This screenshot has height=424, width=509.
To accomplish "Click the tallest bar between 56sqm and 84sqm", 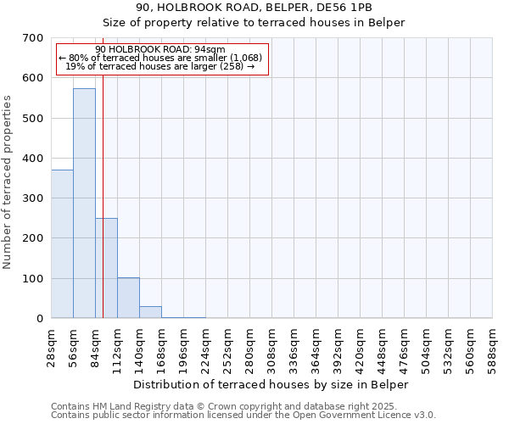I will [x=84, y=204].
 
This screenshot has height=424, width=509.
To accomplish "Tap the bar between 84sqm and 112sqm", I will [x=106, y=268].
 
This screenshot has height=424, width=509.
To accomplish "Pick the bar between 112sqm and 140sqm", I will [x=128, y=298].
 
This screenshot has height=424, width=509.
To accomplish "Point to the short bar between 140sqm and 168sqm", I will [x=150, y=312].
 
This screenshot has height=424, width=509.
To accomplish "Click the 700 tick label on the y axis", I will [x=34, y=38].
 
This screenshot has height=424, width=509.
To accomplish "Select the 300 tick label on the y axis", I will [x=34, y=198].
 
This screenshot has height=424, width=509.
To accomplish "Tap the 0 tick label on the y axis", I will [x=40, y=319].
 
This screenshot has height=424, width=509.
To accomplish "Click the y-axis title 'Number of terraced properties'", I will [x=8, y=182].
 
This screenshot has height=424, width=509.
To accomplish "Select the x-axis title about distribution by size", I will [x=271, y=384].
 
